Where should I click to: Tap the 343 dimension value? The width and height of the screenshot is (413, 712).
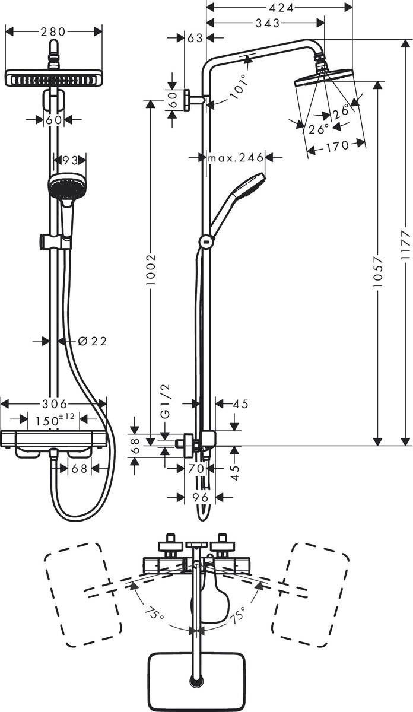[268, 23]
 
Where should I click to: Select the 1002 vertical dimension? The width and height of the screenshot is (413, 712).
[151, 271]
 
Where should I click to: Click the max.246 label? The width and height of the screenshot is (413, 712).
[235, 157]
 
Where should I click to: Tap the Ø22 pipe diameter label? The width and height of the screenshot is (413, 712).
[91, 341]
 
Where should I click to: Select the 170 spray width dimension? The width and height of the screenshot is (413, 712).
[336, 146]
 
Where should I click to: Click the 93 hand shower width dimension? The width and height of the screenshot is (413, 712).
[70, 160]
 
